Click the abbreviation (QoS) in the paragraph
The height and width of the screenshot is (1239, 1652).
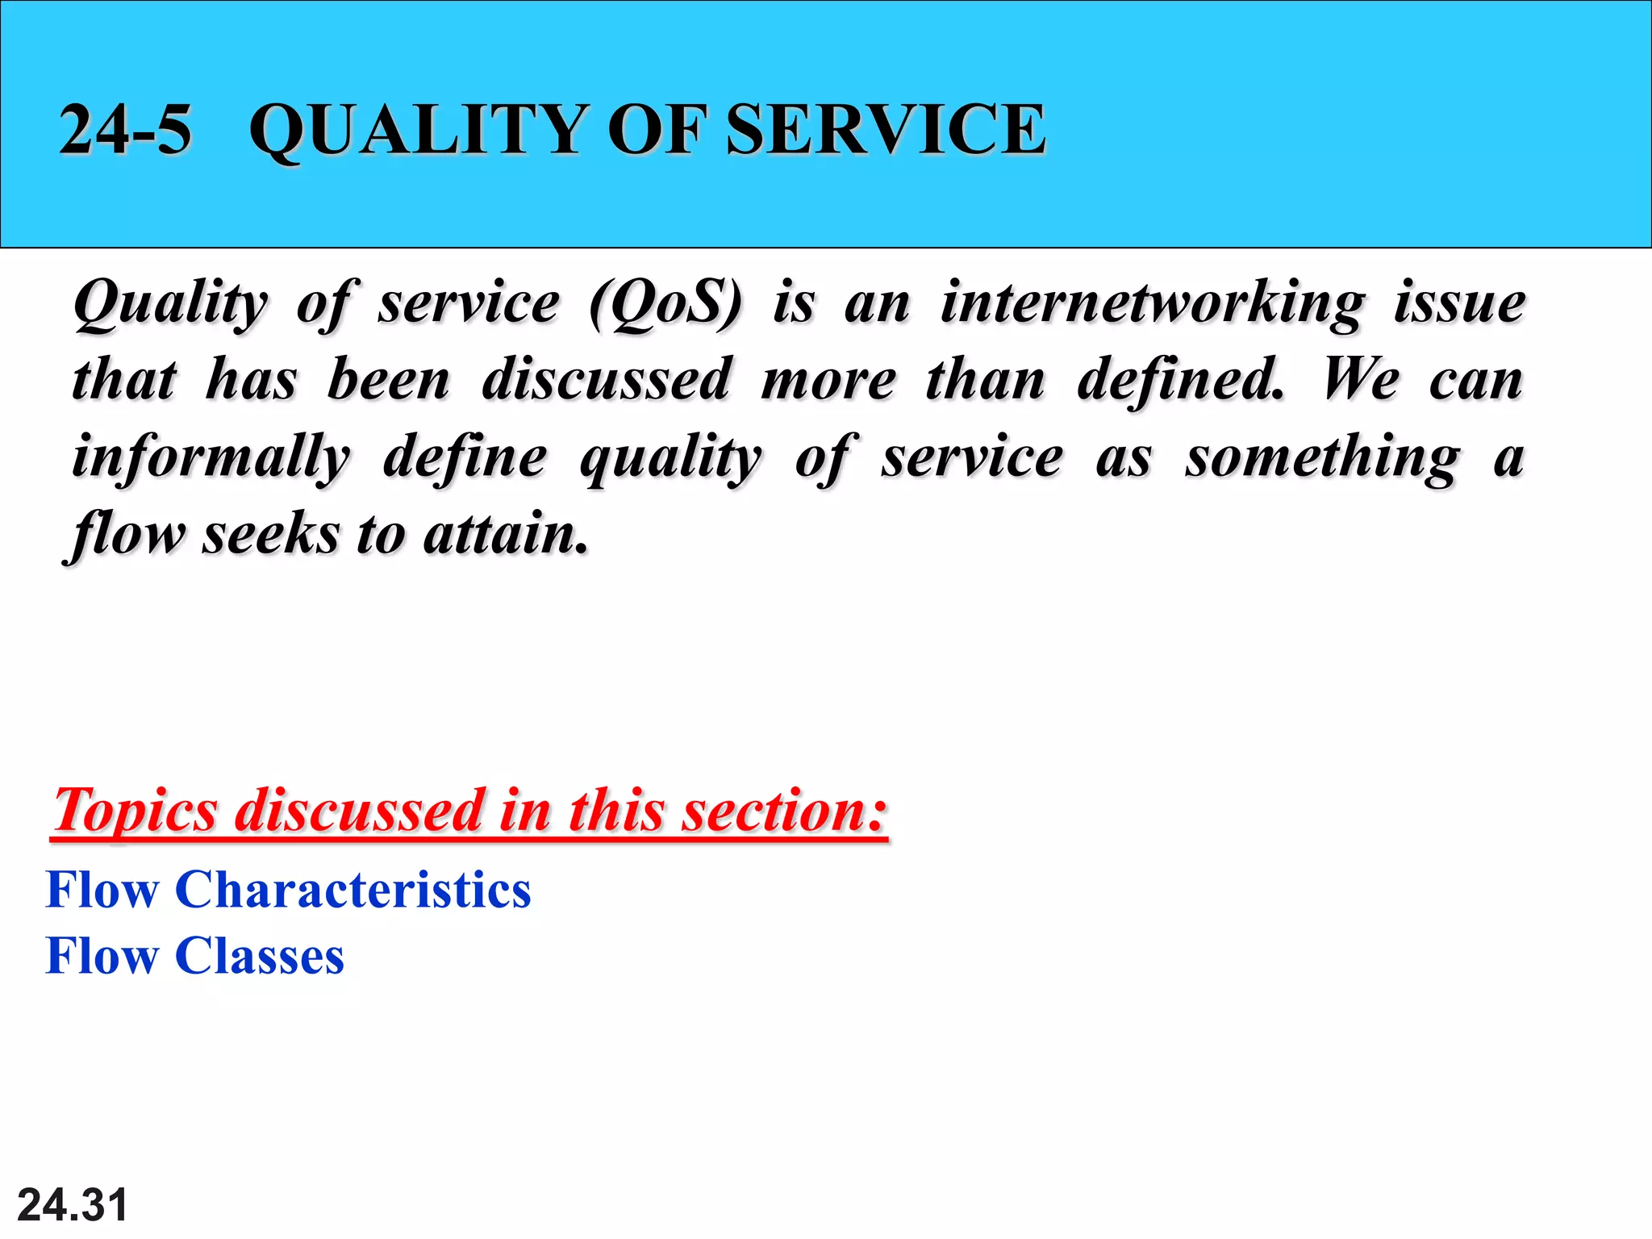[x=665, y=303]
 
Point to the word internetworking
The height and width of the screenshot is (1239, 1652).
[x=1153, y=303]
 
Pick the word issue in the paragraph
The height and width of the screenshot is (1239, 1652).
[x=1459, y=303]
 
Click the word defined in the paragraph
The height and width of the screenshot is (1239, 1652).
[x=1179, y=379]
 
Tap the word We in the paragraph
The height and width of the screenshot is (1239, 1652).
[x=1361, y=379]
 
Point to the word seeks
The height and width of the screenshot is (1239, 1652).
[x=271, y=534]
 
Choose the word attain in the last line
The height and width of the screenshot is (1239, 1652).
[x=505, y=534]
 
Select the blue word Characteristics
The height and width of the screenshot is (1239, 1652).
[x=353, y=890]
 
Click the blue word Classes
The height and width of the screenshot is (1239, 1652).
[x=260, y=956]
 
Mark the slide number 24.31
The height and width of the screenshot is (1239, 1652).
[x=73, y=1205]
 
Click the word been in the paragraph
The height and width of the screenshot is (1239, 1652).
[x=389, y=379]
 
